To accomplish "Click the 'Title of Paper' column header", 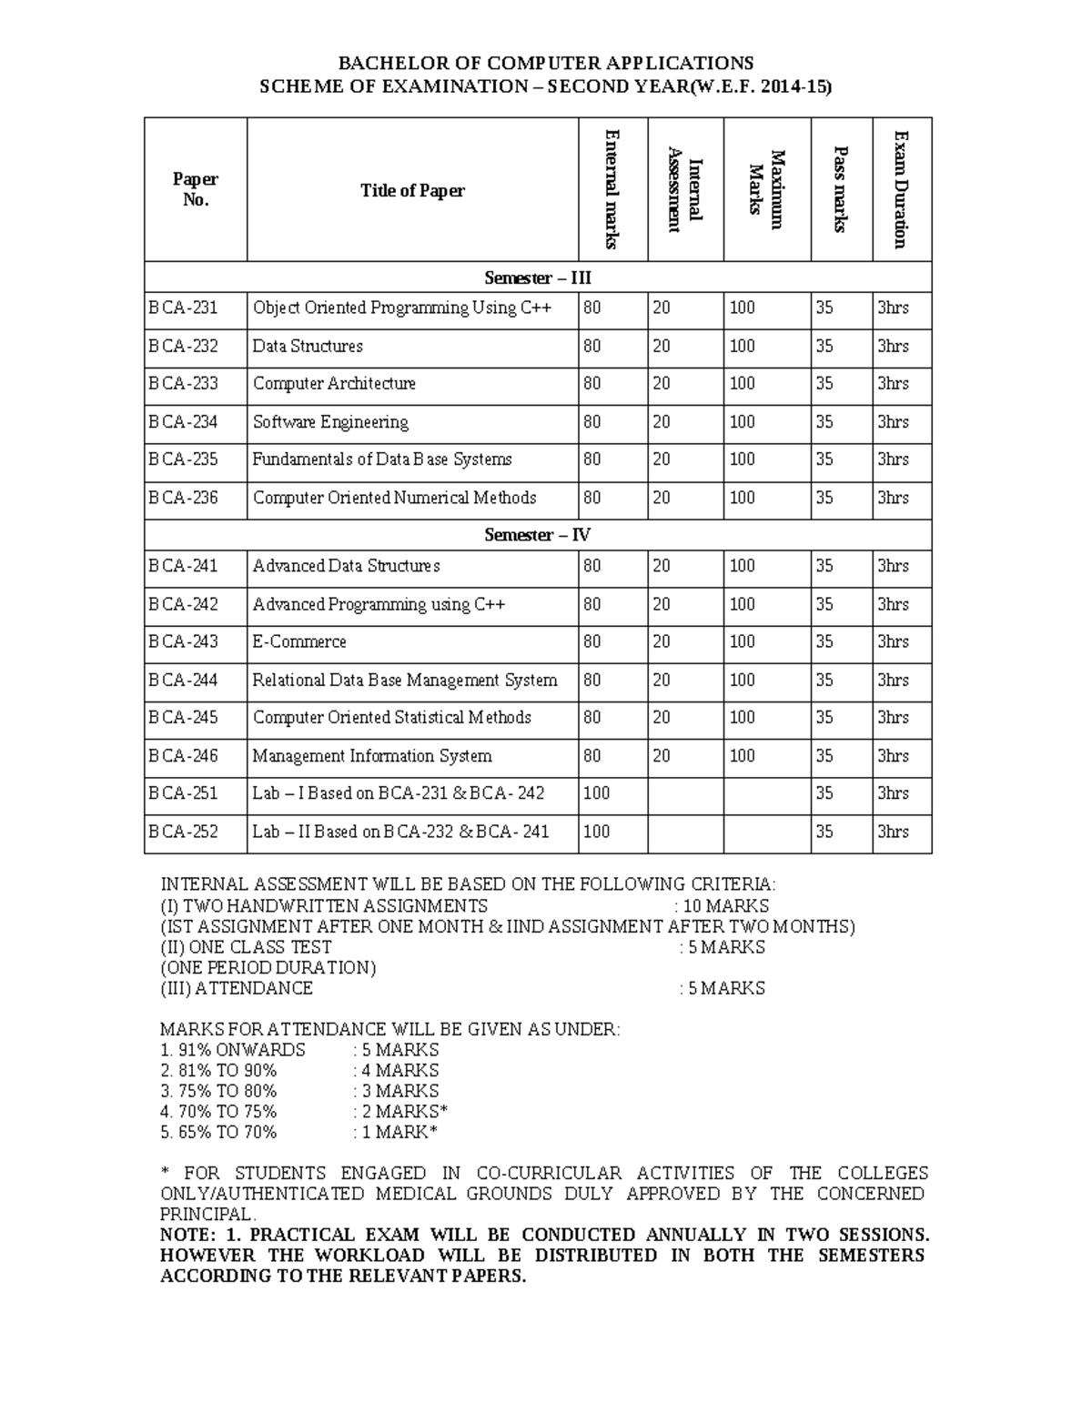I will coord(412,190).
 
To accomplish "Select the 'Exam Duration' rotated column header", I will coord(901,189).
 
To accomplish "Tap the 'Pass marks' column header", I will coord(841,189).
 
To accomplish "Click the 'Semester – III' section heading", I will coord(538,278).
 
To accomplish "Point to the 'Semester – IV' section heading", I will coord(538,535).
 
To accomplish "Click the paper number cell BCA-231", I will coord(184,308).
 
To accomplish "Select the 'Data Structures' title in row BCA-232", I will coord(308,347).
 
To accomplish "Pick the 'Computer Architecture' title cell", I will coord(334,384).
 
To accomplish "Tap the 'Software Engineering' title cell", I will coord(330,422).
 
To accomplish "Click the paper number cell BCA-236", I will coord(184,498).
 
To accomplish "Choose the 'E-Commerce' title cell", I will coord(299,642).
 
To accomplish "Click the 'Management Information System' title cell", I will coord(371,756).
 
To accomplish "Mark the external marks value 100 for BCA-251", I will coord(597,793).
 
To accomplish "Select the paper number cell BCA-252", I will coord(184,832).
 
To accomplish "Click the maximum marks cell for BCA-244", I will coord(743,681).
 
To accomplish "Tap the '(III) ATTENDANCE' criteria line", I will coord(237,988).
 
